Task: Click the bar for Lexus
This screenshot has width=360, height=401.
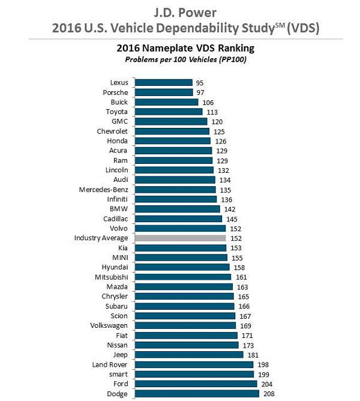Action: tap(163, 82)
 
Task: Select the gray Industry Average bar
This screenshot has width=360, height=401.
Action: tap(180, 238)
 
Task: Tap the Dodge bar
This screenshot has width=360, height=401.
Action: tap(197, 394)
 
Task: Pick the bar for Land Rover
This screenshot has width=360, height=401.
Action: tap(194, 364)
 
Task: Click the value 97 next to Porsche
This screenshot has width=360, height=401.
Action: tap(202, 92)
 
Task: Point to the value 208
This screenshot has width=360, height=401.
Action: tap(269, 394)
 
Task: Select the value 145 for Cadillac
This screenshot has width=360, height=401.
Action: tap(232, 219)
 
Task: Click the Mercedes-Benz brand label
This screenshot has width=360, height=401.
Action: tap(103, 190)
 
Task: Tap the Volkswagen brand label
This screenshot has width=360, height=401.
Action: tap(109, 326)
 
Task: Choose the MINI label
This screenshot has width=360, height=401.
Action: tap(118, 258)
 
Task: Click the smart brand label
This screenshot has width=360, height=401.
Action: tap(117, 375)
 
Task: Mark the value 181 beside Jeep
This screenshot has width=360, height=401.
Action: tap(253, 355)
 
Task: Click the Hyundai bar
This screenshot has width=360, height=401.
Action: tap(182, 267)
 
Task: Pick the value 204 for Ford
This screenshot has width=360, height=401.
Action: tap(267, 384)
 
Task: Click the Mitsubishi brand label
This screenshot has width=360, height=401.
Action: tap(110, 277)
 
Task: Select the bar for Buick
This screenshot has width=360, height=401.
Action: tap(166, 102)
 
